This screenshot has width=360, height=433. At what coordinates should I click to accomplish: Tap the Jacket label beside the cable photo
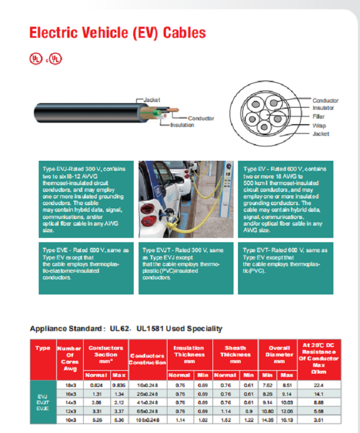[x=151, y=100]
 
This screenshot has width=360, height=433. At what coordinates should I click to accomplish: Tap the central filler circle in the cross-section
[x=265, y=118]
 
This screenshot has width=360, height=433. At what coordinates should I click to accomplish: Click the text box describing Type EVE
[x=86, y=268]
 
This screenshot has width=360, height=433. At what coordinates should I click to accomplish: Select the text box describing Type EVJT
[x=186, y=268]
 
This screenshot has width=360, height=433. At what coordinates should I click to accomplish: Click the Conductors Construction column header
[x=147, y=359]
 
